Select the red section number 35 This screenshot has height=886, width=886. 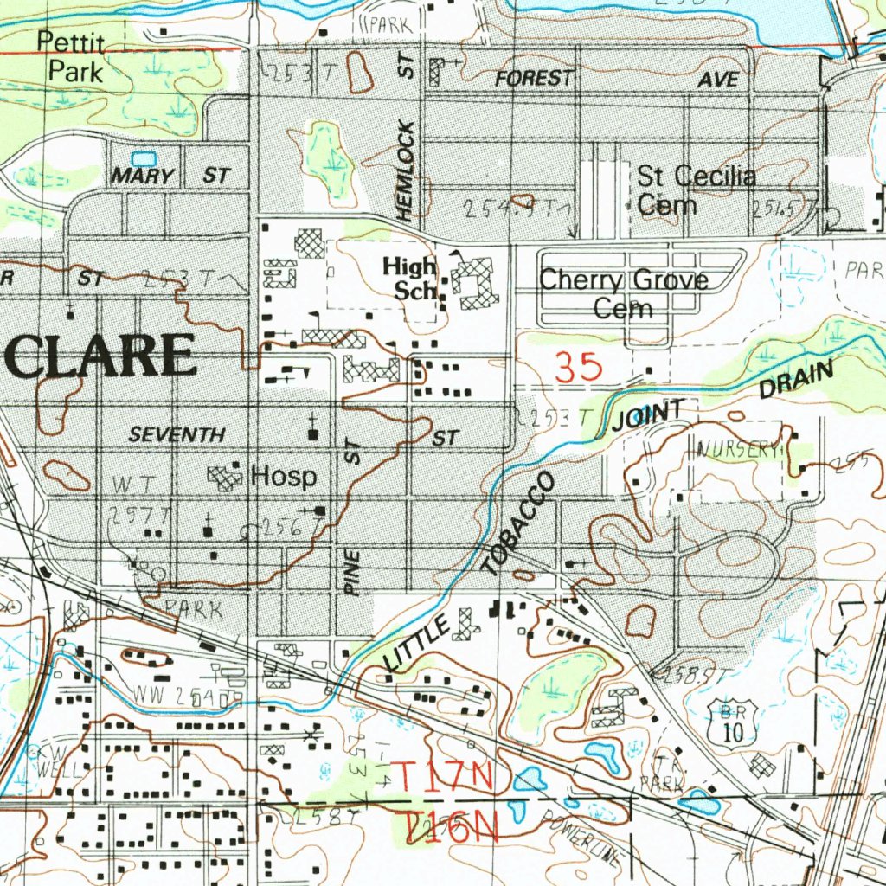pos(579,369)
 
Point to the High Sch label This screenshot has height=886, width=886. pos(410,279)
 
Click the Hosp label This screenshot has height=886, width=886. pos(284,477)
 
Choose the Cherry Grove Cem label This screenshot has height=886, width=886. pos(623,294)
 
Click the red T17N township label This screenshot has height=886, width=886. pos(444,774)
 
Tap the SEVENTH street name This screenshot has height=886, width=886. pos(177,435)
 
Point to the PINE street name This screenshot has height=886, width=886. pos(353,572)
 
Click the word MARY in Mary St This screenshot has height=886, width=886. pos(143,177)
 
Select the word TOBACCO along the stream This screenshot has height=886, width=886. pos(517,526)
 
